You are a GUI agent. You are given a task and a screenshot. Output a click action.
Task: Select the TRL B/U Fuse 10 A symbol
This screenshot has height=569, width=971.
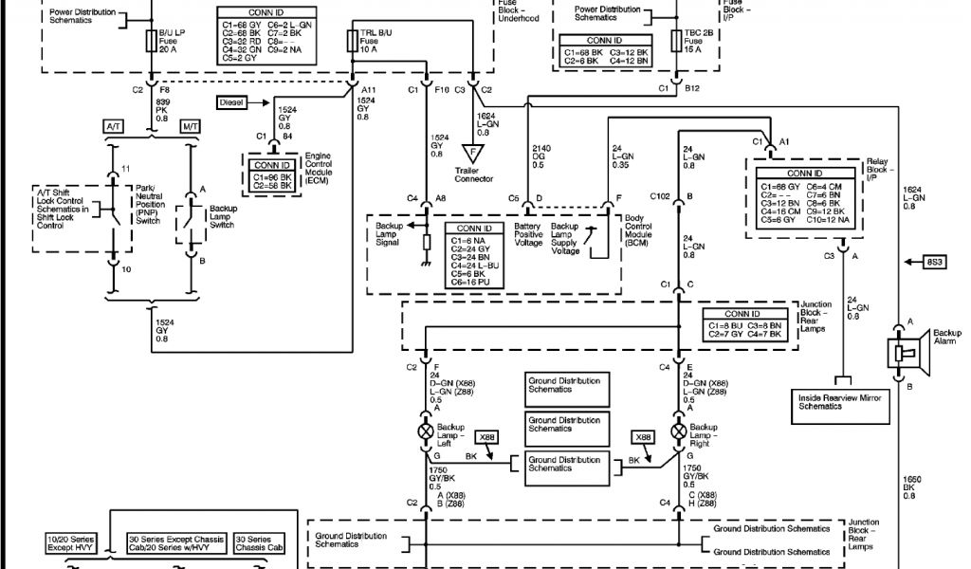(351, 40)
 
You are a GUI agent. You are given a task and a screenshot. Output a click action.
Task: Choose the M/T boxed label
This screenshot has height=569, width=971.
(191, 126)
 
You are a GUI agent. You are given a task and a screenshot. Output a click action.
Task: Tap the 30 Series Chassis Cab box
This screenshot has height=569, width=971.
(261, 543)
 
